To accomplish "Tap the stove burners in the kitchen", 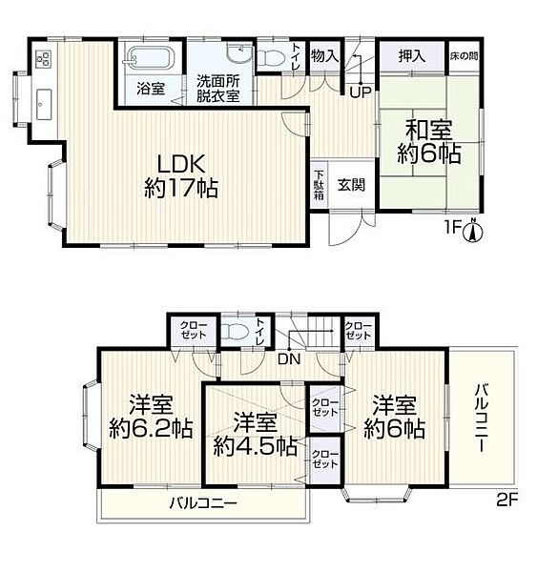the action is (x=44, y=59).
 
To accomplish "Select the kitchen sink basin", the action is (x=44, y=105).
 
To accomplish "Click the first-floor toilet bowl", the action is (x=271, y=57).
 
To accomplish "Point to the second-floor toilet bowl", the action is (x=235, y=332).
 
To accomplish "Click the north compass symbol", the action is (x=473, y=230).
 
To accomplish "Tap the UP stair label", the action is (x=361, y=92).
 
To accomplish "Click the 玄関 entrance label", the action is (x=351, y=185).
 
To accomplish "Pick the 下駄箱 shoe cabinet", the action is (x=320, y=185).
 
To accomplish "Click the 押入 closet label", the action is (x=412, y=56).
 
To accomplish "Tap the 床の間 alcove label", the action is (x=464, y=56).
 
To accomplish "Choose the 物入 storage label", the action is (x=325, y=56).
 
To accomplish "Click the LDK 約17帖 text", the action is (x=181, y=176).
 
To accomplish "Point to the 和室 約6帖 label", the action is (x=429, y=142).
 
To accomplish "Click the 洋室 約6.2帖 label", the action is (x=151, y=417).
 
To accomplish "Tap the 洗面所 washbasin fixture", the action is (x=239, y=53).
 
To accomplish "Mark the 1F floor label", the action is (x=452, y=228).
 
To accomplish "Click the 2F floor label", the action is (x=507, y=500).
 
